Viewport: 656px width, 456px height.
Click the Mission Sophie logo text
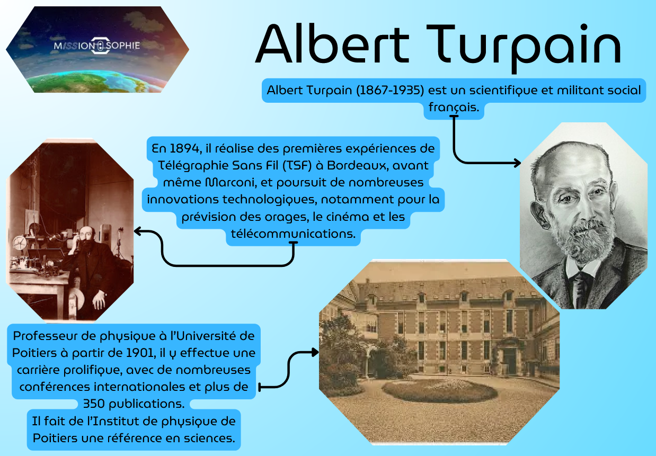[97, 46]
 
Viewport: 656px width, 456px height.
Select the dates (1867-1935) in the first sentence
[390, 90]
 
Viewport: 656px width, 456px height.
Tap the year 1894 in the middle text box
[184, 149]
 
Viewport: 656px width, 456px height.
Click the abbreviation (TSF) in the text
[297, 166]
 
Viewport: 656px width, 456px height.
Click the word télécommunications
[293, 234]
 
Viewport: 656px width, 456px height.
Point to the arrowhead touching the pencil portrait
[518, 163]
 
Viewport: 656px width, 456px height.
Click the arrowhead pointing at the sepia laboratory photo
[138, 231]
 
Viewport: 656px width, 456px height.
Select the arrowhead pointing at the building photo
[315, 352]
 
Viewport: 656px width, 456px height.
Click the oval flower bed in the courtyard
[439, 390]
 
